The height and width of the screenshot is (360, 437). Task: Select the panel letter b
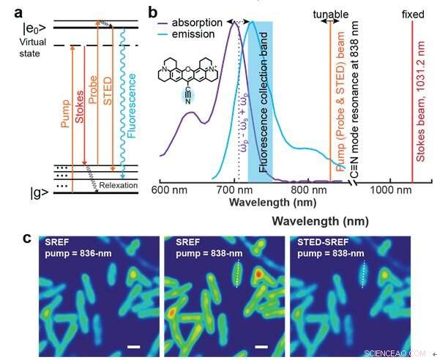click(x=152, y=12)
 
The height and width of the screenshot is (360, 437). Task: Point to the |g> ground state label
click(x=19, y=194)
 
